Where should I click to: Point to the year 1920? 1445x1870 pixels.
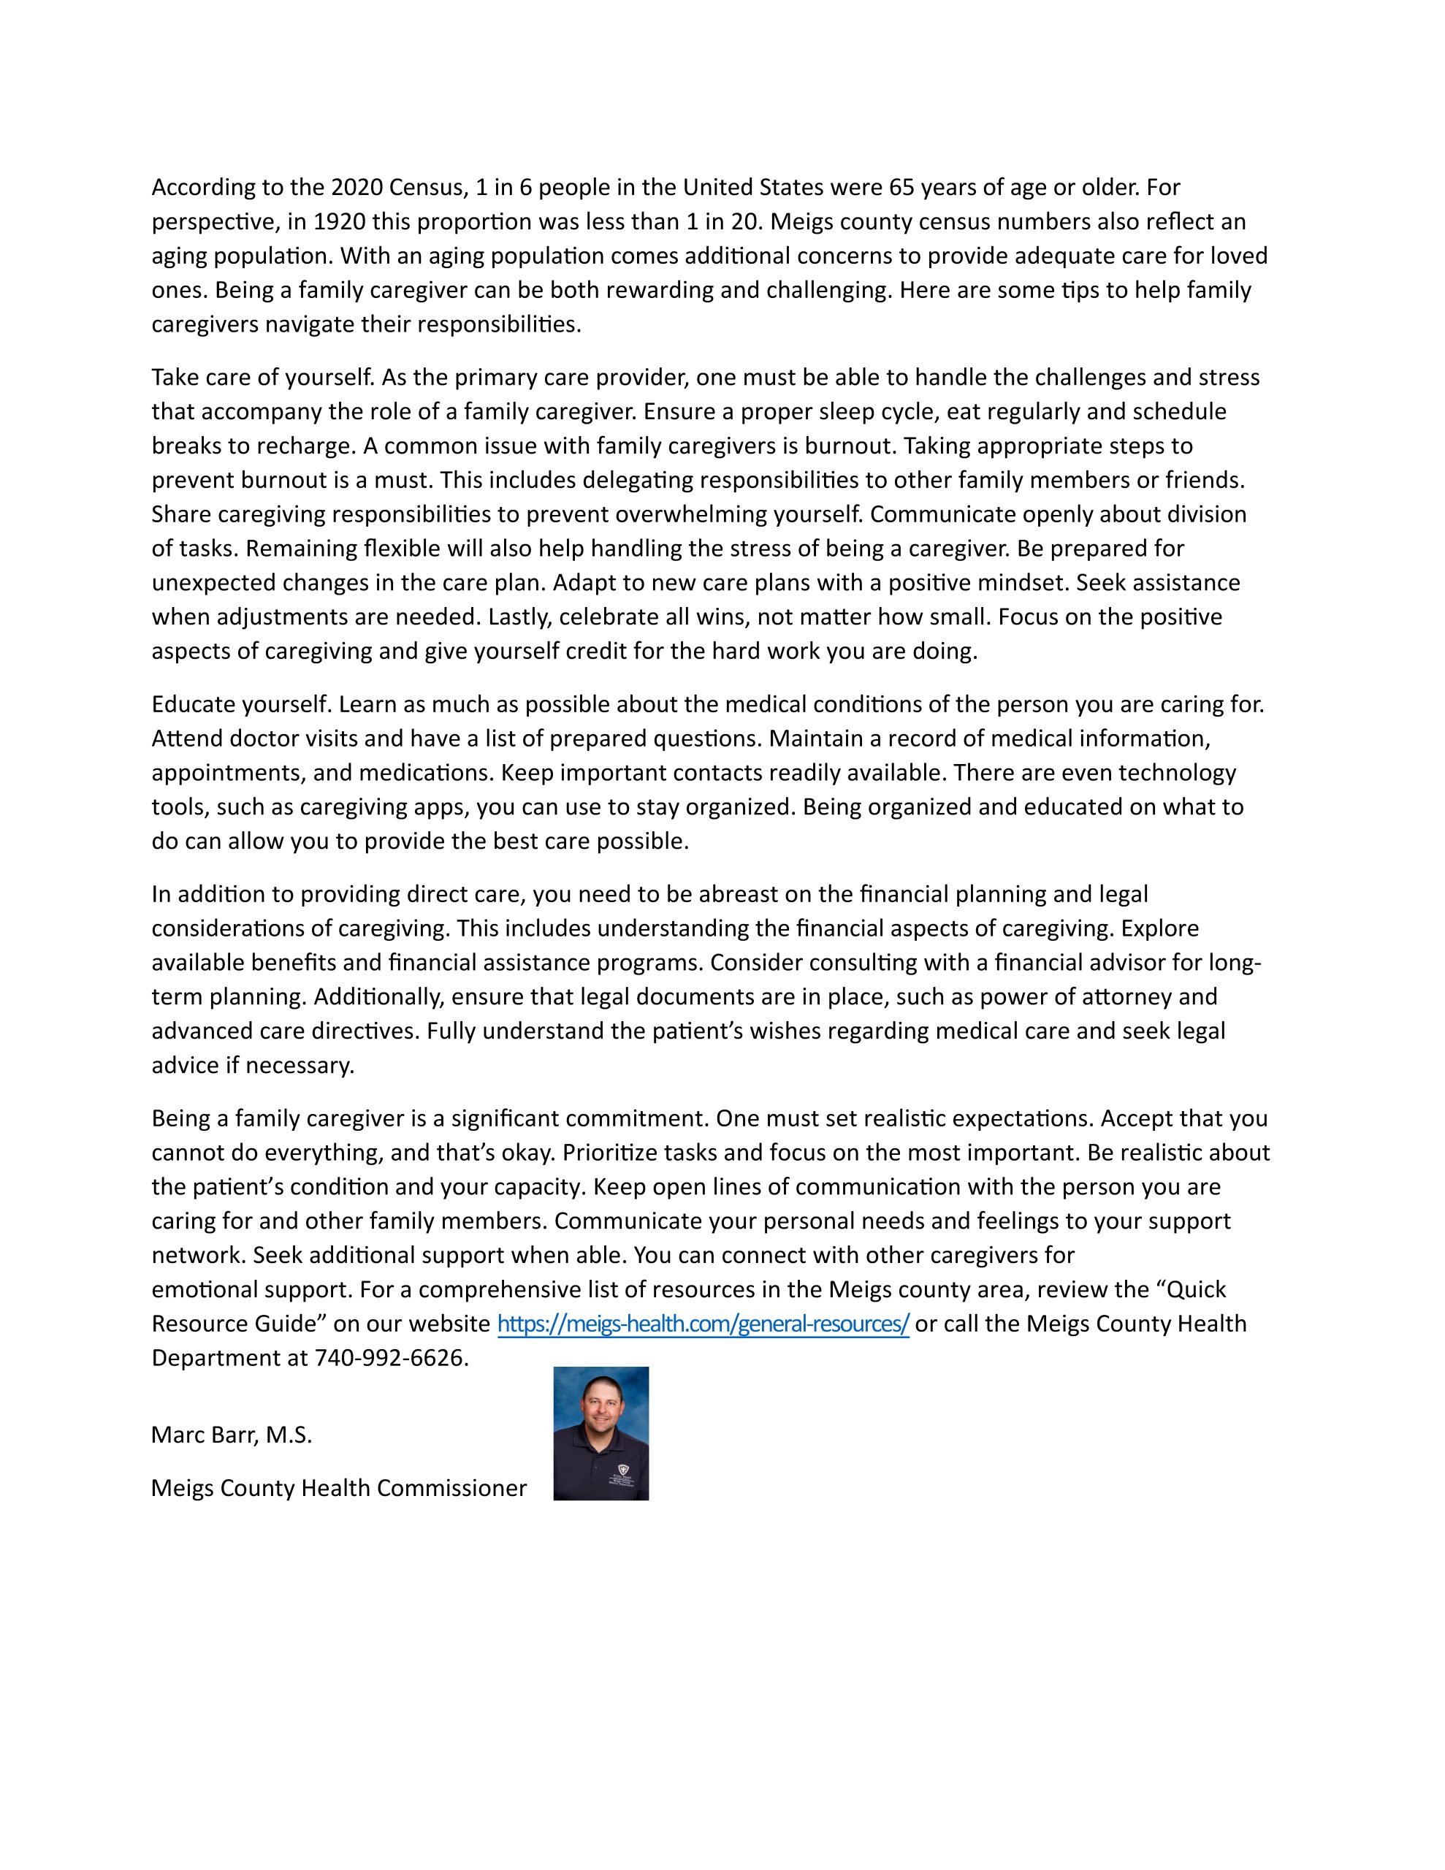click(338, 222)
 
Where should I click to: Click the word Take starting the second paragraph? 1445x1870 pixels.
click(175, 378)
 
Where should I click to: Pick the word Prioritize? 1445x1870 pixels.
click(607, 1153)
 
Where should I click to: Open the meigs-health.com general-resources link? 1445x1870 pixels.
click(702, 1324)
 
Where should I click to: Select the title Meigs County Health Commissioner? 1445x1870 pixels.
click(338, 1488)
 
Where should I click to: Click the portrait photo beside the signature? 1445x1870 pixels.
click(601, 1433)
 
